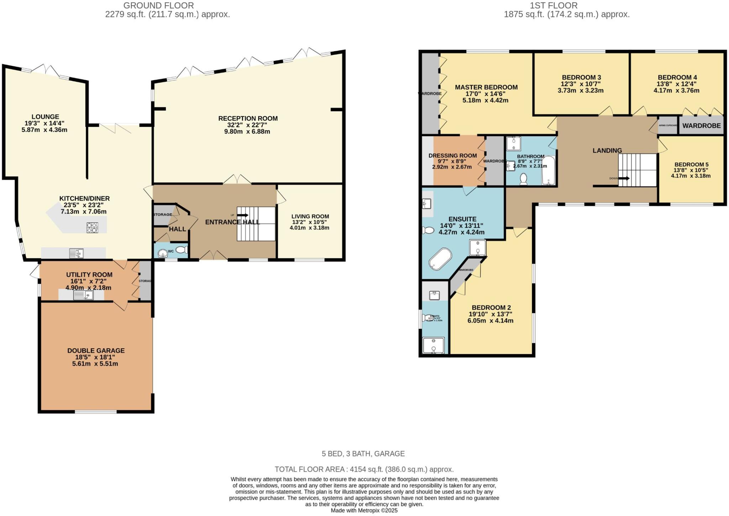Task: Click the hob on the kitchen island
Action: pyautogui.click(x=92, y=228)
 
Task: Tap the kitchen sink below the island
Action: pyautogui.click(x=76, y=253)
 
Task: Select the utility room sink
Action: pyautogui.click(x=83, y=295)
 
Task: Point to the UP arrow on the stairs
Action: pyautogui.click(x=243, y=215)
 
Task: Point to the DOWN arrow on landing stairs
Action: pyautogui.click(x=624, y=178)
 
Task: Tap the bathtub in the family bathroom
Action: pyautogui.click(x=548, y=170)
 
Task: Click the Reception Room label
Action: pyautogui.click(x=248, y=119)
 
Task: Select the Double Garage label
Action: pyautogui.click(x=96, y=351)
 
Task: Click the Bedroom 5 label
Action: pyautogui.click(x=691, y=164)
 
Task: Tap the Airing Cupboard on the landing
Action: pyautogui.click(x=668, y=125)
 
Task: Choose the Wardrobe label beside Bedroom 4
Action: pyautogui.click(x=701, y=126)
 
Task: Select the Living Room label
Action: pyautogui.click(x=310, y=216)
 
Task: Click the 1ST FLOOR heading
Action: pyautogui.click(x=553, y=5)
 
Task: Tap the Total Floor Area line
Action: pyautogui.click(x=364, y=469)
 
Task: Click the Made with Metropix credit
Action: pyautogui.click(x=364, y=510)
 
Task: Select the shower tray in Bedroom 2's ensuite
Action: pyautogui.click(x=433, y=346)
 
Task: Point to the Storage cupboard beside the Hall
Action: pyautogui.click(x=162, y=215)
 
